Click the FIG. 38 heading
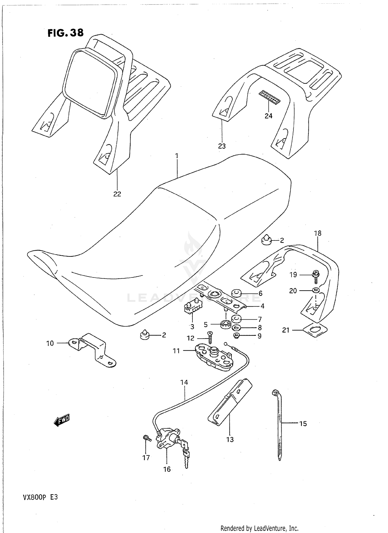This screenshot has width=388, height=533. click(65, 33)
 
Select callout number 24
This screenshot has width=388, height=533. click(268, 116)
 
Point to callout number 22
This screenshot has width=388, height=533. click(117, 194)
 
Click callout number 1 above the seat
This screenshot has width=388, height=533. click(177, 156)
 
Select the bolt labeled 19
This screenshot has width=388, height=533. click(316, 275)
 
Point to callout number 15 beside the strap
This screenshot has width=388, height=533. click(303, 424)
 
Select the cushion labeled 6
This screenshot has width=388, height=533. click(236, 293)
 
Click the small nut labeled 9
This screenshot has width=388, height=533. click(236, 336)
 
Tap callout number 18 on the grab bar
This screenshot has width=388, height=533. click(317, 233)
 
